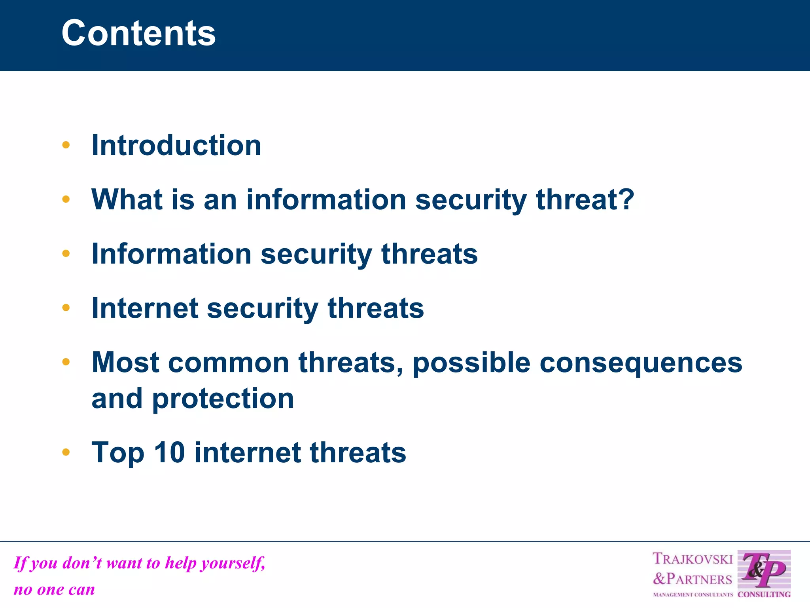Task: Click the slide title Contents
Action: tap(138, 33)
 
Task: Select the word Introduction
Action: tap(176, 145)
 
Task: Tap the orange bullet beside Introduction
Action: tap(66, 145)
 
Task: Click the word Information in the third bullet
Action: tap(171, 254)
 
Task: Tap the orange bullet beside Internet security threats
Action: tap(66, 308)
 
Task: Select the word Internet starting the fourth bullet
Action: tap(144, 308)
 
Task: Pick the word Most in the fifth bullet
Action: tap(125, 362)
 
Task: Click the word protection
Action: tap(223, 399)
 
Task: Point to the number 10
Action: tap(169, 452)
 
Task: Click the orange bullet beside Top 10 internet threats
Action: tap(66, 452)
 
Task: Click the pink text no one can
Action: tap(54, 589)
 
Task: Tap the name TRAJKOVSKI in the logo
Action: tap(693, 559)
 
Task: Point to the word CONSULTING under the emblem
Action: tap(764, 595)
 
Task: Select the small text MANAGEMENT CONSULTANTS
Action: tap(693, 595)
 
